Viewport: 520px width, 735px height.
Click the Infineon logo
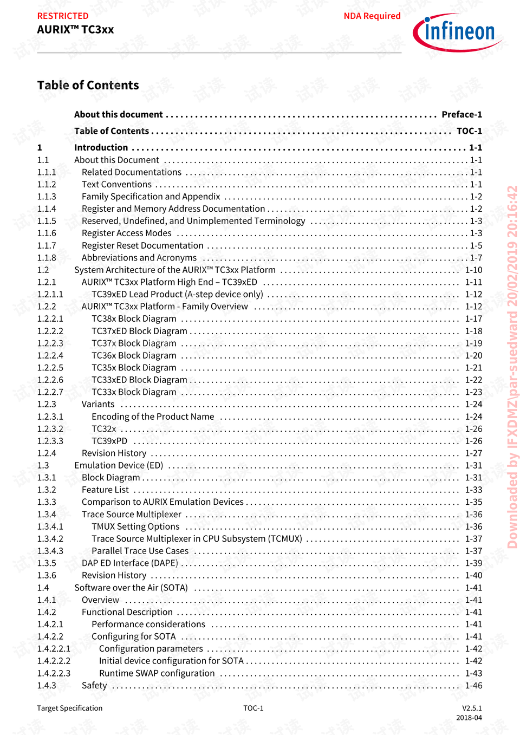click(458, 32)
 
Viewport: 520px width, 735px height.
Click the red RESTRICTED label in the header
click(63, 16)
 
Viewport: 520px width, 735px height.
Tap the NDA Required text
click(372, 16)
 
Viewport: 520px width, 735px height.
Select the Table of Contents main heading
click(88, 86)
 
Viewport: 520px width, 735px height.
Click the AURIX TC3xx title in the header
click(75, 30)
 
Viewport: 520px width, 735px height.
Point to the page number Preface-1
click(461, 114)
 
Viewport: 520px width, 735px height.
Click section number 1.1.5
click(47, 221)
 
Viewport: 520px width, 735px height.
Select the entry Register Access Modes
click(126, 233)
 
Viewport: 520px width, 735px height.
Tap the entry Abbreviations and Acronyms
click(139, 258)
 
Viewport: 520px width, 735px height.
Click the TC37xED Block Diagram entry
click(139, 331)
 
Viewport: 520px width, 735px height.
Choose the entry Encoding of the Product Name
click(153, 417)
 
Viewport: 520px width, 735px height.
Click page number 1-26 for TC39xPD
click(473, 441)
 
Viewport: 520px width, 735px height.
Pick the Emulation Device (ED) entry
click(119, 465)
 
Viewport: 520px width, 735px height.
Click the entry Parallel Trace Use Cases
click(140, 551)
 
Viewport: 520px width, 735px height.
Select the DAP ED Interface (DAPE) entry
click(130, 563)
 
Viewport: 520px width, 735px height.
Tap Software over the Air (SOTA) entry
click(131, 588)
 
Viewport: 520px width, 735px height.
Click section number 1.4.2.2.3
click(54, 673)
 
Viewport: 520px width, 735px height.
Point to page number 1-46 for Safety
click(473, 686)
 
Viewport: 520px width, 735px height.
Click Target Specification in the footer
click(69, 708)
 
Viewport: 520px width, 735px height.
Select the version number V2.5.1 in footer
click(471, 708)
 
